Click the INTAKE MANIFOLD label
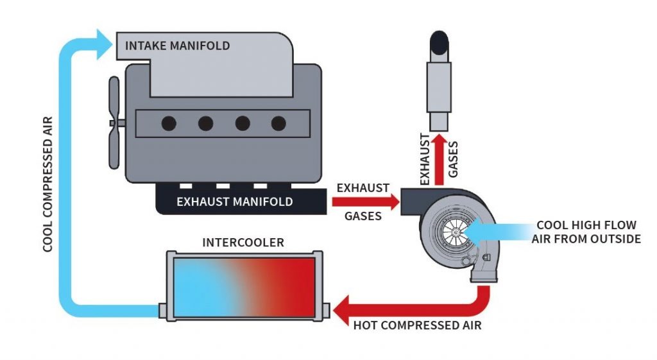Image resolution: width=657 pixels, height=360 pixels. coord(177,46)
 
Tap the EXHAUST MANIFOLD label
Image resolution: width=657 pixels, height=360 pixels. coord(234,201)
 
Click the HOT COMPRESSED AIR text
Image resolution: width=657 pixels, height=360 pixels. coord(417,325)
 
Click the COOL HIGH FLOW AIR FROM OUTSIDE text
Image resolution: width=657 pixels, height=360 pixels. coord(586,232)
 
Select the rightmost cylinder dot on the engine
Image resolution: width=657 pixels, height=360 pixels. coord(278,123)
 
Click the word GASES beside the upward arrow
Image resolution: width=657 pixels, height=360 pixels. coord(454,157)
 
